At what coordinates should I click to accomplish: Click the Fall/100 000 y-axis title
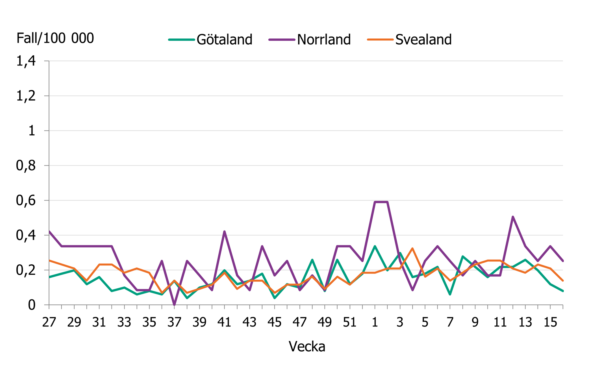pyautogui.click(x=55, y=38)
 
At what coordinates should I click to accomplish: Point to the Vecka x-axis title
pyautogui.click(x=307, y=346)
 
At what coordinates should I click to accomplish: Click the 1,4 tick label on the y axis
pyautogui.click(x=26, y=61)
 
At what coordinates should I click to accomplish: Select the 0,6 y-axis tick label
pyautogui.click(x=26, y=201)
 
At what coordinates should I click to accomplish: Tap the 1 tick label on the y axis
pyautogui.click(x=32, y=131)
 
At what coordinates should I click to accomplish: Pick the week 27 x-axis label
pyautogui.click(x=49, y=322)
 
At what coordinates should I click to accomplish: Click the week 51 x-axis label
pyautogui.click(x=350, y=322)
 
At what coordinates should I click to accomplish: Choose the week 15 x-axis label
pyautogui.click(x=550, y=322)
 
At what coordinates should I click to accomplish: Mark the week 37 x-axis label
pyautogui.click(x=174, y=322)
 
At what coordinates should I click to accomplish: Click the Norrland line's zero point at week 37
pyautogui.click(x=174, y=304)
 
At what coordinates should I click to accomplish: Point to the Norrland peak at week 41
pyautogui.click(x=224, y=232)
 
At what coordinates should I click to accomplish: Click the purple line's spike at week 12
pyautogui.click(x=513, y=217)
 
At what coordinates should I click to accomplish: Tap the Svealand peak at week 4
pyautogui.click(x=412, y=249)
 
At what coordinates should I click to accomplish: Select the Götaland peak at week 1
pyautogui.click(x=375, y=246)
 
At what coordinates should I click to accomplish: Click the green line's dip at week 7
pyautogui.click(x=450, y=295)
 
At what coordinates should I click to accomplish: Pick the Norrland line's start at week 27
pyautogui.click(x=49, y=232)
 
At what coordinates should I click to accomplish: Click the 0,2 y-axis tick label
pyautogui.click(x=26, y=270)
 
